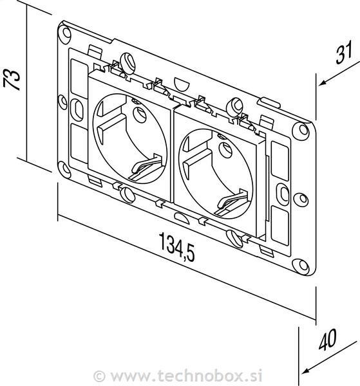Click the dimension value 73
click(12, 79)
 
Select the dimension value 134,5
click(176, 246)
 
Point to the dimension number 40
click(327, 340)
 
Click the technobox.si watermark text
click(186, 376)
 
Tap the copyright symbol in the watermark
click(100, 376)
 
